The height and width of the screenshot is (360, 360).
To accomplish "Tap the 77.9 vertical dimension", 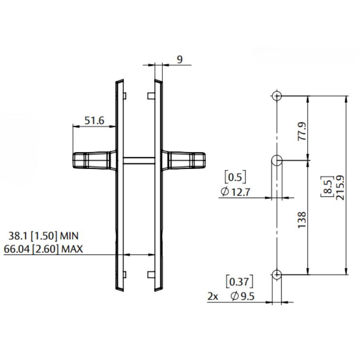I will click(x=302, y=131).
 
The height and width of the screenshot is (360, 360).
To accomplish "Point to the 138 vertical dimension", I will click(x=302, y=220).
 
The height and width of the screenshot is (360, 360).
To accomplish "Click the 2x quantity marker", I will click(x=213, y=296).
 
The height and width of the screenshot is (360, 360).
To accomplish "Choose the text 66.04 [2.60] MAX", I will click(x=43, y=249).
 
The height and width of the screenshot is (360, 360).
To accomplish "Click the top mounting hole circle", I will click(x=277, y=96).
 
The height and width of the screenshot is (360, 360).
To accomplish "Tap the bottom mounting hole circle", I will click(x=277, y=274).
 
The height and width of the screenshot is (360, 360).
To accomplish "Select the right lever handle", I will click(x=186, y=160).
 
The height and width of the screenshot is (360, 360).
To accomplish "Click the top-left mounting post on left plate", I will click(x=124, y=96).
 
